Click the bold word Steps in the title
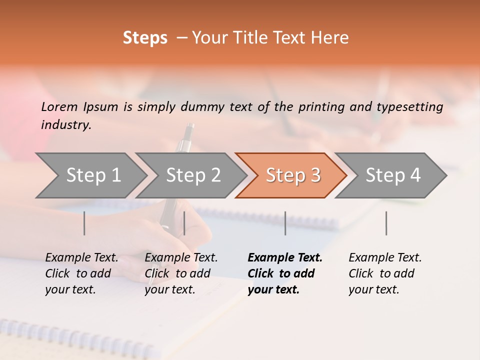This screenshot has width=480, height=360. coord(145,38)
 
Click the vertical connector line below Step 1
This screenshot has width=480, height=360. coord(84,223)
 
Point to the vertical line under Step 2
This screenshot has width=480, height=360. coord(184,223)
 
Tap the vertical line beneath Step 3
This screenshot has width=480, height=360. coord(285,223)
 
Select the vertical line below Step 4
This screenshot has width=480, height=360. coord(386,223)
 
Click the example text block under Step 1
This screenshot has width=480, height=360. coord(81,273)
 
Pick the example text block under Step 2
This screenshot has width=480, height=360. coord(181,273)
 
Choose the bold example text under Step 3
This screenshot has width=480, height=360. coord(285,273)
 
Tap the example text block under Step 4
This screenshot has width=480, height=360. coord(385,273)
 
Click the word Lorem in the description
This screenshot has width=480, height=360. coord(59,106)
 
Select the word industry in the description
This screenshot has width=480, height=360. coord(66,125)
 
